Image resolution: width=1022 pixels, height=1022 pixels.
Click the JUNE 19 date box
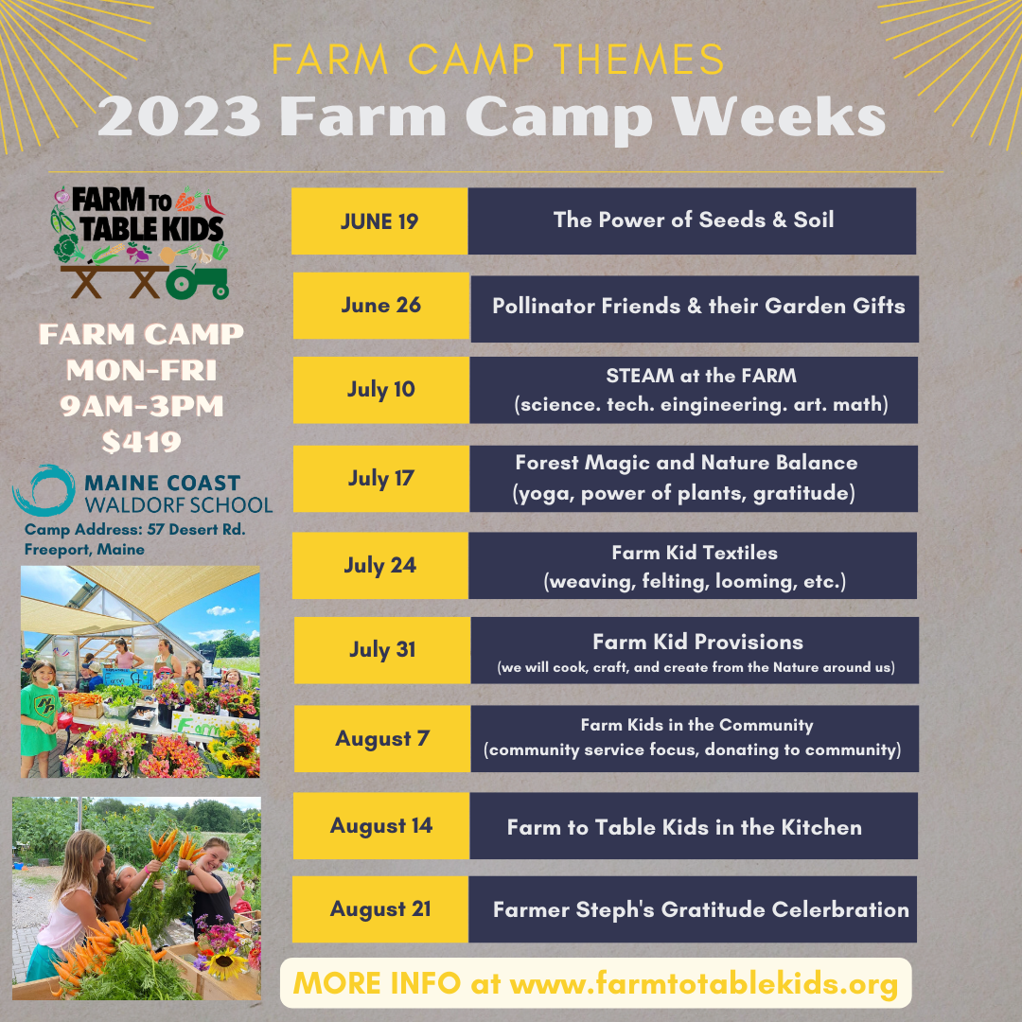click(x=379, y=221)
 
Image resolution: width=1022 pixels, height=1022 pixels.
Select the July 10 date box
click(x=380, y=390)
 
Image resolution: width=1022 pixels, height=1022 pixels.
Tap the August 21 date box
click(x=380, y=909)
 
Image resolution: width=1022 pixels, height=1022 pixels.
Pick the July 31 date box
click(x=381, y=650)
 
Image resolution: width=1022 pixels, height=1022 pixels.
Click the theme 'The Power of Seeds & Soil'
click(x=694, y=220)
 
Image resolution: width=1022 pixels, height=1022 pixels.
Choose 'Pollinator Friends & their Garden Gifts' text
click(x=698, y=307)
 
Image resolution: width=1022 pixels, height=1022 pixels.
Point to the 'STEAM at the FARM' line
click(x=701, y=376)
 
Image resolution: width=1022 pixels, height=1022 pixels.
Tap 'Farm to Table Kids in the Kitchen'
click(x=684, y=827)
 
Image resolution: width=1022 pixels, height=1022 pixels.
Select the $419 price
click(x=141, y=442)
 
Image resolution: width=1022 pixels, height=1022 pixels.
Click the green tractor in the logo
click(x=198, y=278)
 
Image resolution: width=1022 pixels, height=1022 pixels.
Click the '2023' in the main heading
click(x=179, y=117)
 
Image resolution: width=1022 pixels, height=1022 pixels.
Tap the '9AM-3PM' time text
click(x=141, y=407)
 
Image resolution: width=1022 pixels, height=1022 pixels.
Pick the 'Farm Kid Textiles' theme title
click(x=695, y=553)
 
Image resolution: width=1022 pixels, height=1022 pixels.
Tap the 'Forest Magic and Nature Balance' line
click(x=686, y=464)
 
